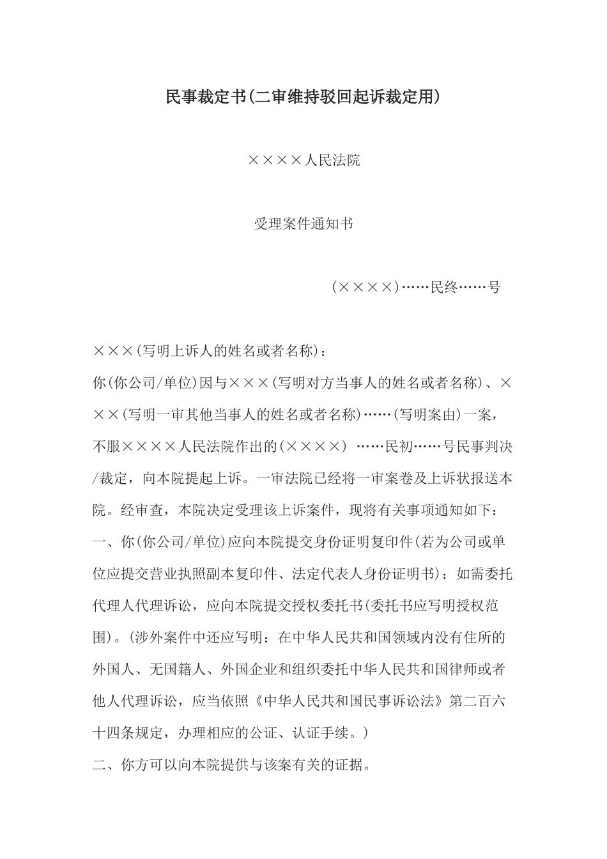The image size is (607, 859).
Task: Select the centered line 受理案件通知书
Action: [303, 224]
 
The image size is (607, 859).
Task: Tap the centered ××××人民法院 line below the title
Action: [303, 160]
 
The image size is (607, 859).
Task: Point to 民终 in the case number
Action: [444, 288]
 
